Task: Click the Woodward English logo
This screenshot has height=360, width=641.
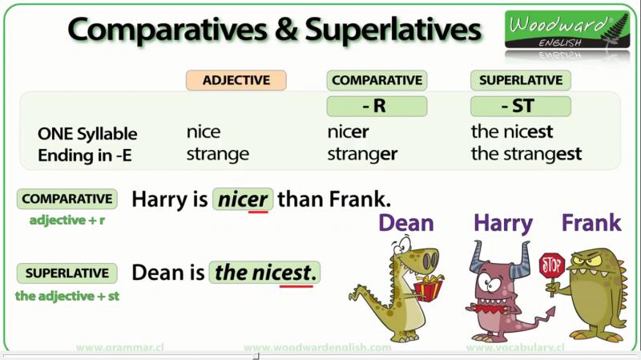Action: (x=567, y=30)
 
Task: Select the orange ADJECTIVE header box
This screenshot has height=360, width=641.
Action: (x=236, y=80)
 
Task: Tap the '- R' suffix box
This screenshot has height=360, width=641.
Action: (x=377, y=107)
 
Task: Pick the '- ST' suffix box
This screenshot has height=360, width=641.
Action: (x=520, y=107)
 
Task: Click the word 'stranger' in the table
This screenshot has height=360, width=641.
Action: (x=362, y=155)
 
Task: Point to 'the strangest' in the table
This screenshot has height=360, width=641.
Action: (x=526, y=155)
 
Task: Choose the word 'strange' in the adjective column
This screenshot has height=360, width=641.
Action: (x=217, y=155)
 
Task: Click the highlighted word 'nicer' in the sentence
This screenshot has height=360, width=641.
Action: (x=243, y=200)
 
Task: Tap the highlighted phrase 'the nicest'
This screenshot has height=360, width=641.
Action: (x=264, y=273)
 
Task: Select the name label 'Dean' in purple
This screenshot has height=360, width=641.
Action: (x=406, y=223)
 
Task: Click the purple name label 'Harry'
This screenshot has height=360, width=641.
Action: (x=503, y=224)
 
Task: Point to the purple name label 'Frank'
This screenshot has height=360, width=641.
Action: (x=591, y=223)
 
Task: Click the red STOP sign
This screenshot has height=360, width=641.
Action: (x=552, y=266)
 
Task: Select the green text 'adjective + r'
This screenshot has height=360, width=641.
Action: (x=67, y=220)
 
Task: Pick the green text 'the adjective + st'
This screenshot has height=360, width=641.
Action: (x=67, y=296)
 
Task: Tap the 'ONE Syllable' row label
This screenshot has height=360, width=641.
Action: (x=87, y=134)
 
